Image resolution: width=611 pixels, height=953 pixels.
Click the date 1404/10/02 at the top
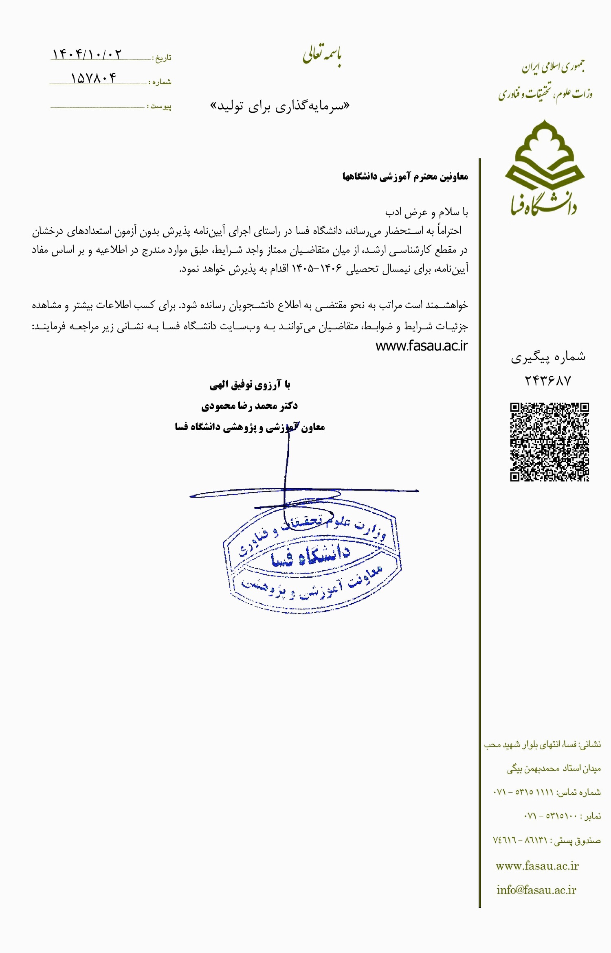pos(87,55)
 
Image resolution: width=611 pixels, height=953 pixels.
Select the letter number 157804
pos(94,78)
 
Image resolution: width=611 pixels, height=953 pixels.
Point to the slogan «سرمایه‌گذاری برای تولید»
pos(279,106)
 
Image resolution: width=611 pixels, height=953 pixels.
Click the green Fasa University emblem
pos(545,167)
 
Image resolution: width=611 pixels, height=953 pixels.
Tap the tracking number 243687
pos(548,381)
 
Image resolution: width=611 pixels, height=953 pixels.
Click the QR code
pos(549,442)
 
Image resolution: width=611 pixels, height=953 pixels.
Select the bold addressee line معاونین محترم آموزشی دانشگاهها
pos(405,177)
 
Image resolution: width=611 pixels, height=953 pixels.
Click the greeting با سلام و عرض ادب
pos(426,212)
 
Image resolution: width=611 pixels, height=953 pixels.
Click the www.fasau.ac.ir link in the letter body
pos(421,346)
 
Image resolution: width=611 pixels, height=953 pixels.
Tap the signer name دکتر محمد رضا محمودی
pos(249,406)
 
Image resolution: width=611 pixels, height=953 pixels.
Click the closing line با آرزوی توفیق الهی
pos(250,385)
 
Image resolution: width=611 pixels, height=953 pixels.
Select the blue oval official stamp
pos(312,562)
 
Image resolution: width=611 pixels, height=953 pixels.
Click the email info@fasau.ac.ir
pos(536,890)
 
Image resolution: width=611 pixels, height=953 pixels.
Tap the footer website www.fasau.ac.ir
pos(537,866)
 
